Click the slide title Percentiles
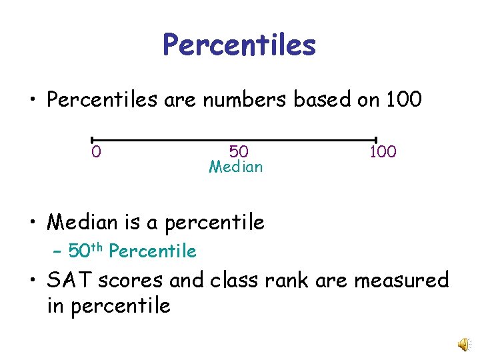pyautogui.click(x=239, y=45)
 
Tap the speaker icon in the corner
pyautogui.click(x=462, y=343)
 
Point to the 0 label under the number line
pyautogui.click(x=97, y=153)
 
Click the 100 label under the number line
pyautogui.click(x=383, y=152)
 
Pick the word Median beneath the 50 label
pyautogui.click(x=236, y=167)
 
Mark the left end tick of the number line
pyautogui.click(x=92, y=140)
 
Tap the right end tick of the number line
pyautogui.click(x=377, y=140)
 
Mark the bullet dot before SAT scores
pyautogui.click(x=33, y=281)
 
